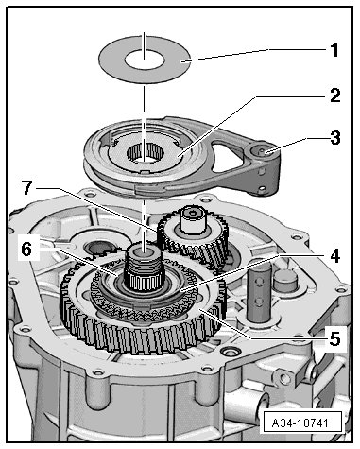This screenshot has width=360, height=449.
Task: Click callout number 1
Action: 334,50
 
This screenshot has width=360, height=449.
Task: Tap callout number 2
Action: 334,95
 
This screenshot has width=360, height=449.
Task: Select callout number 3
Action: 335,138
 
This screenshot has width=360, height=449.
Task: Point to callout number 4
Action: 334,256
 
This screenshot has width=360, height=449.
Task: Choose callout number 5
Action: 334,339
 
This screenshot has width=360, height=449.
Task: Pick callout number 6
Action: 27,250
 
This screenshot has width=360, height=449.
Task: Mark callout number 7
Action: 27,188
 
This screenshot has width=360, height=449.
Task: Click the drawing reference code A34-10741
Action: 300,423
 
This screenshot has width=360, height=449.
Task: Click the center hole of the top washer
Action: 145,60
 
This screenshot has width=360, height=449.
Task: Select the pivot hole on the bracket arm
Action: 262,151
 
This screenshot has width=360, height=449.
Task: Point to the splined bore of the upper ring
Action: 146,152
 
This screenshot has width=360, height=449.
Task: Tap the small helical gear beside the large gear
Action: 193,238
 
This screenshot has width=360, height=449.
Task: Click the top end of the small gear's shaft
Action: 192,213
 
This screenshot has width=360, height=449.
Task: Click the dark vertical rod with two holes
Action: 259,291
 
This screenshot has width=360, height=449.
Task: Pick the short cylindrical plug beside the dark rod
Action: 286,281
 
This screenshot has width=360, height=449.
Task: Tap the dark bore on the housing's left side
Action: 98,248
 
